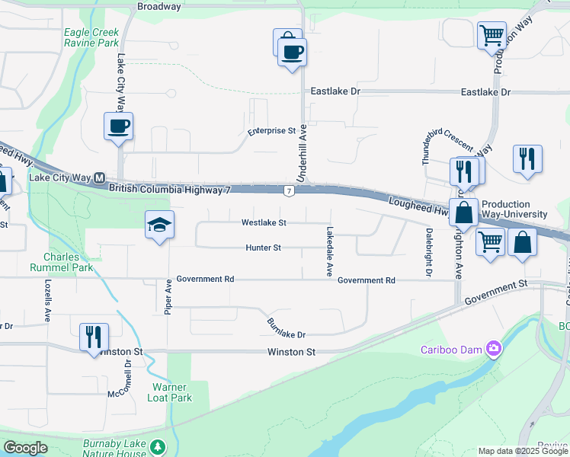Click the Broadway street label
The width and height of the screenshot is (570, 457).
(159, 7)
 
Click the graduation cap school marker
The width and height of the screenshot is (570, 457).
(160, 225)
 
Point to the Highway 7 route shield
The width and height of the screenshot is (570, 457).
(289, 190)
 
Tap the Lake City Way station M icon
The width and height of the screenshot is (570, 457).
(98, 177)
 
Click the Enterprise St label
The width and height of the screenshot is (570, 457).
(271, 131)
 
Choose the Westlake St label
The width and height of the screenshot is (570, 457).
(264, 223)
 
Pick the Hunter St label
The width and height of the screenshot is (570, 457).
(264, 248)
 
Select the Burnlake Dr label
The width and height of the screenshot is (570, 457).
(286, 328)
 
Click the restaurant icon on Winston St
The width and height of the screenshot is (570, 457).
(94, 337)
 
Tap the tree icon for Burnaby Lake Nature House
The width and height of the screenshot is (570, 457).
(157, 446)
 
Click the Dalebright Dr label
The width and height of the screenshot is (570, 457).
(429, 252)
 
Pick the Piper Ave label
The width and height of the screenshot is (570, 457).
(168, 297)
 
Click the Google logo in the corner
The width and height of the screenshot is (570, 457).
(25, 448)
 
